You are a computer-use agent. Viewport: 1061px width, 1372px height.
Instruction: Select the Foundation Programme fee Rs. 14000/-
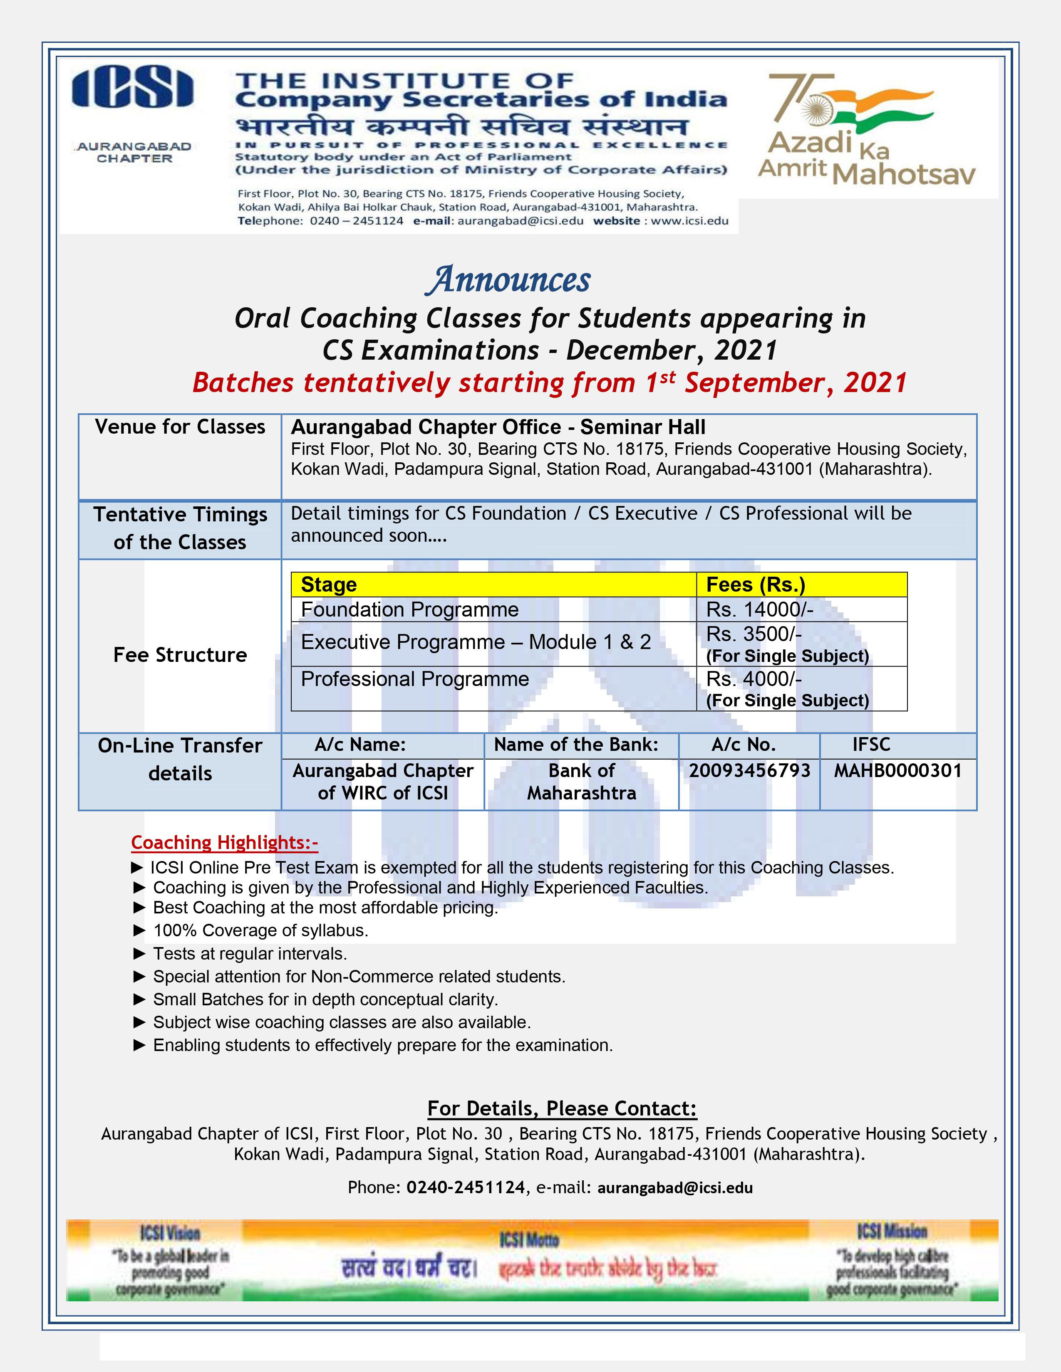click(759, 610)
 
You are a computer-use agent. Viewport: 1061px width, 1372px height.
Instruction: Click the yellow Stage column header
click(329, 585)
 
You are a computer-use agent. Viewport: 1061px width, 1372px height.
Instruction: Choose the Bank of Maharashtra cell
click(581, 782)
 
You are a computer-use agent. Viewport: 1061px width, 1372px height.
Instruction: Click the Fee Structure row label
click(180, 654)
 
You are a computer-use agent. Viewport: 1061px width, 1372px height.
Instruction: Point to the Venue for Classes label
click(180, 427)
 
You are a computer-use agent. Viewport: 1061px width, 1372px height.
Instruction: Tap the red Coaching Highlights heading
click(224, 842)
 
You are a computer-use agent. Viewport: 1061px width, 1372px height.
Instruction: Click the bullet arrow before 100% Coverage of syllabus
click(139, 931)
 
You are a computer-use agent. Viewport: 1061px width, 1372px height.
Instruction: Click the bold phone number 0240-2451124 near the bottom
click(465, 1187)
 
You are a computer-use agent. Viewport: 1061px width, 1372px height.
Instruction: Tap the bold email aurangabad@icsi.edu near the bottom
click(674, 1188)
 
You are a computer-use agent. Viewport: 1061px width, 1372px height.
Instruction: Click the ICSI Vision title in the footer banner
click(170, 1233)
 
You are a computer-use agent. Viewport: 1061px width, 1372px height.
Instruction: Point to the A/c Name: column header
click(360, 745)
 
